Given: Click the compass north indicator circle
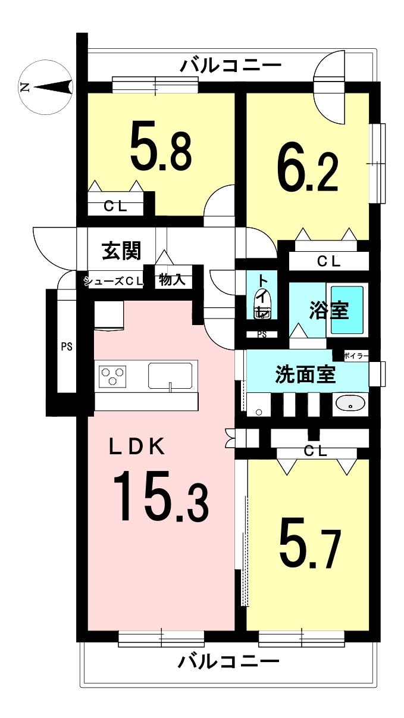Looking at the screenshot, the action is pyautogui.click(x=46, y=88).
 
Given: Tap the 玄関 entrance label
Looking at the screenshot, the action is pyautogui.click(x=122, y=251).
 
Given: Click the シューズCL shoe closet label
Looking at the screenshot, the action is pyautogui.click(x=114, y=281).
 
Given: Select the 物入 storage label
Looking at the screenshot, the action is pyautogui.click(x=173, y=280).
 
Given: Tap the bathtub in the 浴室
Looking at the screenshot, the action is pyautogui.click(x=347, y=310).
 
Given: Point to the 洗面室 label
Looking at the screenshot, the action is pyautogui.click(x=306, y=374).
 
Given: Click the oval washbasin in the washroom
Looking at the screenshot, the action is pyautogui.click(x=350, y=405).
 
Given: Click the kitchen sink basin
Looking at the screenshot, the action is pyautogui.click(x=170, y=374).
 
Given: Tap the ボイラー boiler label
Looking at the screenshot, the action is pyautogui.click(x=356, y=355).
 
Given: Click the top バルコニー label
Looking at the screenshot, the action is pyautogui.click(x=231, y=66).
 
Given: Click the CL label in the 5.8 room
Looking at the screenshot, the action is pyautogui.click(x=115, y=207).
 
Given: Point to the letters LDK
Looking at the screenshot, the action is pyautogui.click(x=137, y=447).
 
